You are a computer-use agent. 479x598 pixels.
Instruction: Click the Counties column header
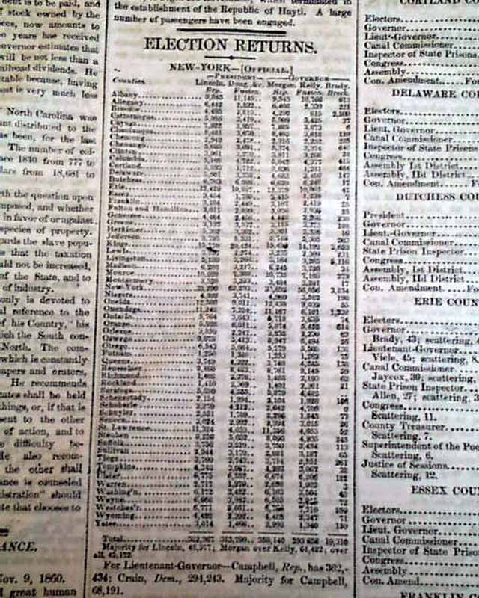123,78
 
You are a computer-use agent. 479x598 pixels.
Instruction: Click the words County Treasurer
404,425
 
